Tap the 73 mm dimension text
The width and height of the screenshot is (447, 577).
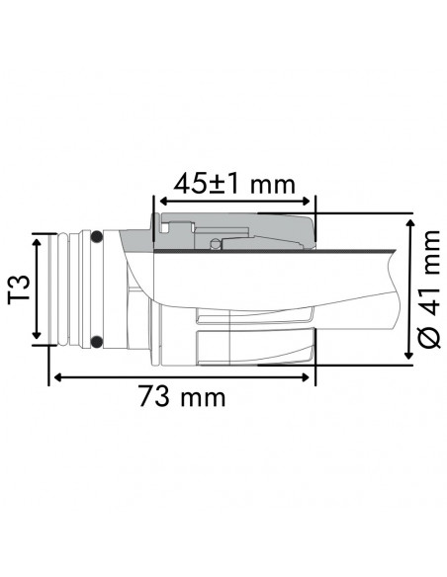pos(182,397)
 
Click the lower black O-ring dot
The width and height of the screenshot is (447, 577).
pos(96,342)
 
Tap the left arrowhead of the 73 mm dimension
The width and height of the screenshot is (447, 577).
pos(56,376)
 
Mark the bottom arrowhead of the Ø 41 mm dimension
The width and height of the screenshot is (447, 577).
pos(407,361)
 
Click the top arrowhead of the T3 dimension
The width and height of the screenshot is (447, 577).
pos(39,238)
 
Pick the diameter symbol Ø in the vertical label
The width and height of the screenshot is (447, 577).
pos(428,337)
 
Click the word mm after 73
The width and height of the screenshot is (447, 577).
pos(203,397)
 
